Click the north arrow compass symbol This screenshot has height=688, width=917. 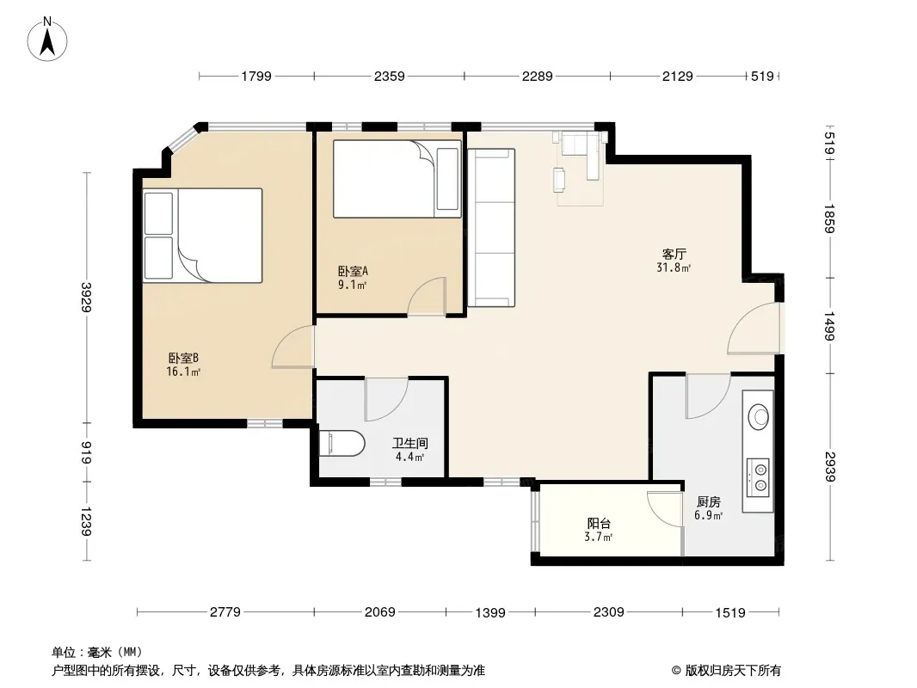tap(47, 39)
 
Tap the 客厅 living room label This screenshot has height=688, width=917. tap(674, 255)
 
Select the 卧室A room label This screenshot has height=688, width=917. tap(353, 271)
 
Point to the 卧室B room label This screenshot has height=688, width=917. tap(183, 358)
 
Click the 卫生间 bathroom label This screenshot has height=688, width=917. tap(409, 444)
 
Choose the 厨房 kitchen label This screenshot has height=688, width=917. tap(708, 501)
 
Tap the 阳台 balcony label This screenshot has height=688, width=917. tap(599, 523)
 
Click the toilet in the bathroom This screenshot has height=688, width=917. tap(342, 444)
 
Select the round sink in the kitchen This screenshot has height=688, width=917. tap(760, 416)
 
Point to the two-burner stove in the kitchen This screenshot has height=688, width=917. tap(760, 477)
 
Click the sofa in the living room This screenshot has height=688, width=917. tap(491, 227)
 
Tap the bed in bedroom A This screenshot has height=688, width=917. tap(397, 178)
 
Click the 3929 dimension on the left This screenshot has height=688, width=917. tap(86, 298)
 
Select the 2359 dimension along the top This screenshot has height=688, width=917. tap(390, 76)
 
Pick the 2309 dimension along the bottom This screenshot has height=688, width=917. tap(609, 612)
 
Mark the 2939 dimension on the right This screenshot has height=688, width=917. tap(829, 467)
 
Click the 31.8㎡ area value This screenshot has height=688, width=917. tap(674, 267)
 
